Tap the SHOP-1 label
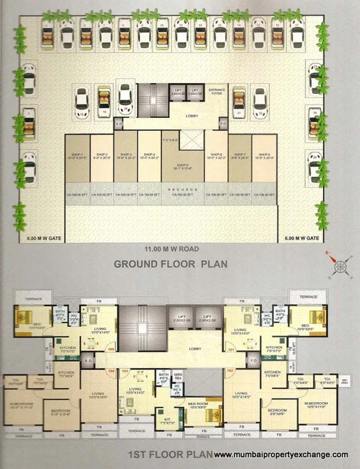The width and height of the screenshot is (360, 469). point(77,156)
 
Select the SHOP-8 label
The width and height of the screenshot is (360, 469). point(264,156)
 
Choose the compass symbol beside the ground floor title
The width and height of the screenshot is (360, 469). point(339,265)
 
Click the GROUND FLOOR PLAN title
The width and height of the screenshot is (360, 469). point(171,263)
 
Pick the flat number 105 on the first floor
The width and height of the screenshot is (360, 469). point(111,349)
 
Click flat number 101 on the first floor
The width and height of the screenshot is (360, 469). point(230,349)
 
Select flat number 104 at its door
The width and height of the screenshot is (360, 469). point(111,371)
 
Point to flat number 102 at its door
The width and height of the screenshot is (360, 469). point(230,371)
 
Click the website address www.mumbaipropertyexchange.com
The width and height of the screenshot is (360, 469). point(281,454)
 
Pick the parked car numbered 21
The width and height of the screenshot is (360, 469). point(239,103)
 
